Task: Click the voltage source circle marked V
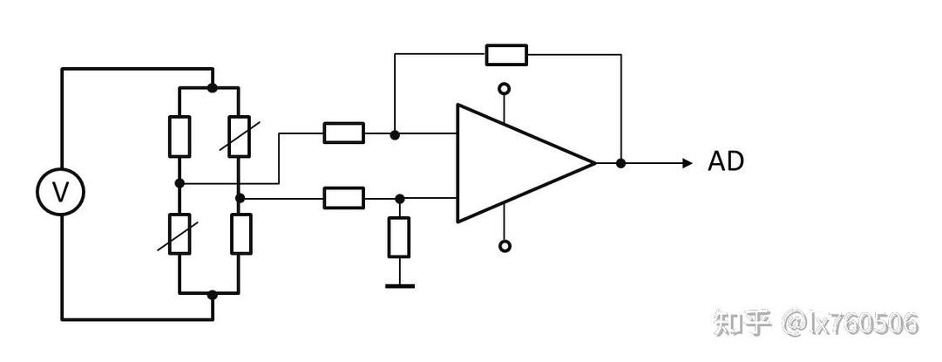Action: [60, 192]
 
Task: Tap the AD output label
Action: [726, 161]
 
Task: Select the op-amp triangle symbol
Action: [526, 163]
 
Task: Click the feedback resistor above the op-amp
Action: [506, 55]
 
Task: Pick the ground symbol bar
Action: [399, 285]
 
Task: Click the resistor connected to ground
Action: [399, 237]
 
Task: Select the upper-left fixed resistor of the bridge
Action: [180, 136]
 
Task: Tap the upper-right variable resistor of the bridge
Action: [239, 136]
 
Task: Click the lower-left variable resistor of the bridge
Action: [180, 233]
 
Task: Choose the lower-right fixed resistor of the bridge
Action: [241, 233]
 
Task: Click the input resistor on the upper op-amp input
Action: [343, 133]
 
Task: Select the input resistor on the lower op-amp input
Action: [343, 198]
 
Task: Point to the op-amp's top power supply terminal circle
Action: [505, 89]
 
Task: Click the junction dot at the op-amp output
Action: [620, 163]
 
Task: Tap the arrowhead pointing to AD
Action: [688, 163]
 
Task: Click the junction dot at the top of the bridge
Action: [212, 88]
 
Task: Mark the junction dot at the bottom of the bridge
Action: [212, 295]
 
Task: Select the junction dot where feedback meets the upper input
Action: [395, 134]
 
